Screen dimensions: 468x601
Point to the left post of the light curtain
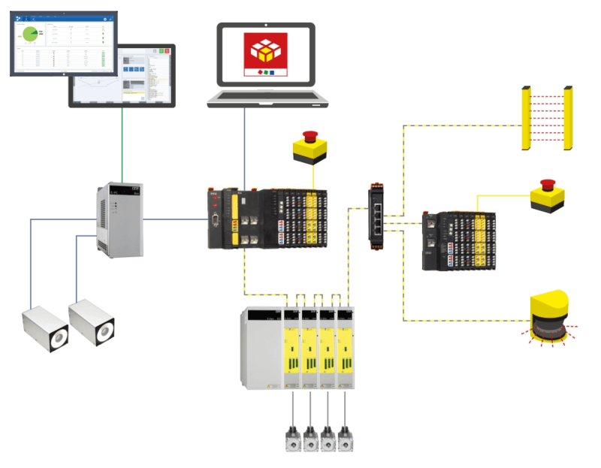point(526,119)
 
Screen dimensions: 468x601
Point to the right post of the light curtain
point(569,119)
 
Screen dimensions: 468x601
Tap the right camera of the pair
point(92,321)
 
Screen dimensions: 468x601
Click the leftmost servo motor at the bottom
point(291,440)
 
